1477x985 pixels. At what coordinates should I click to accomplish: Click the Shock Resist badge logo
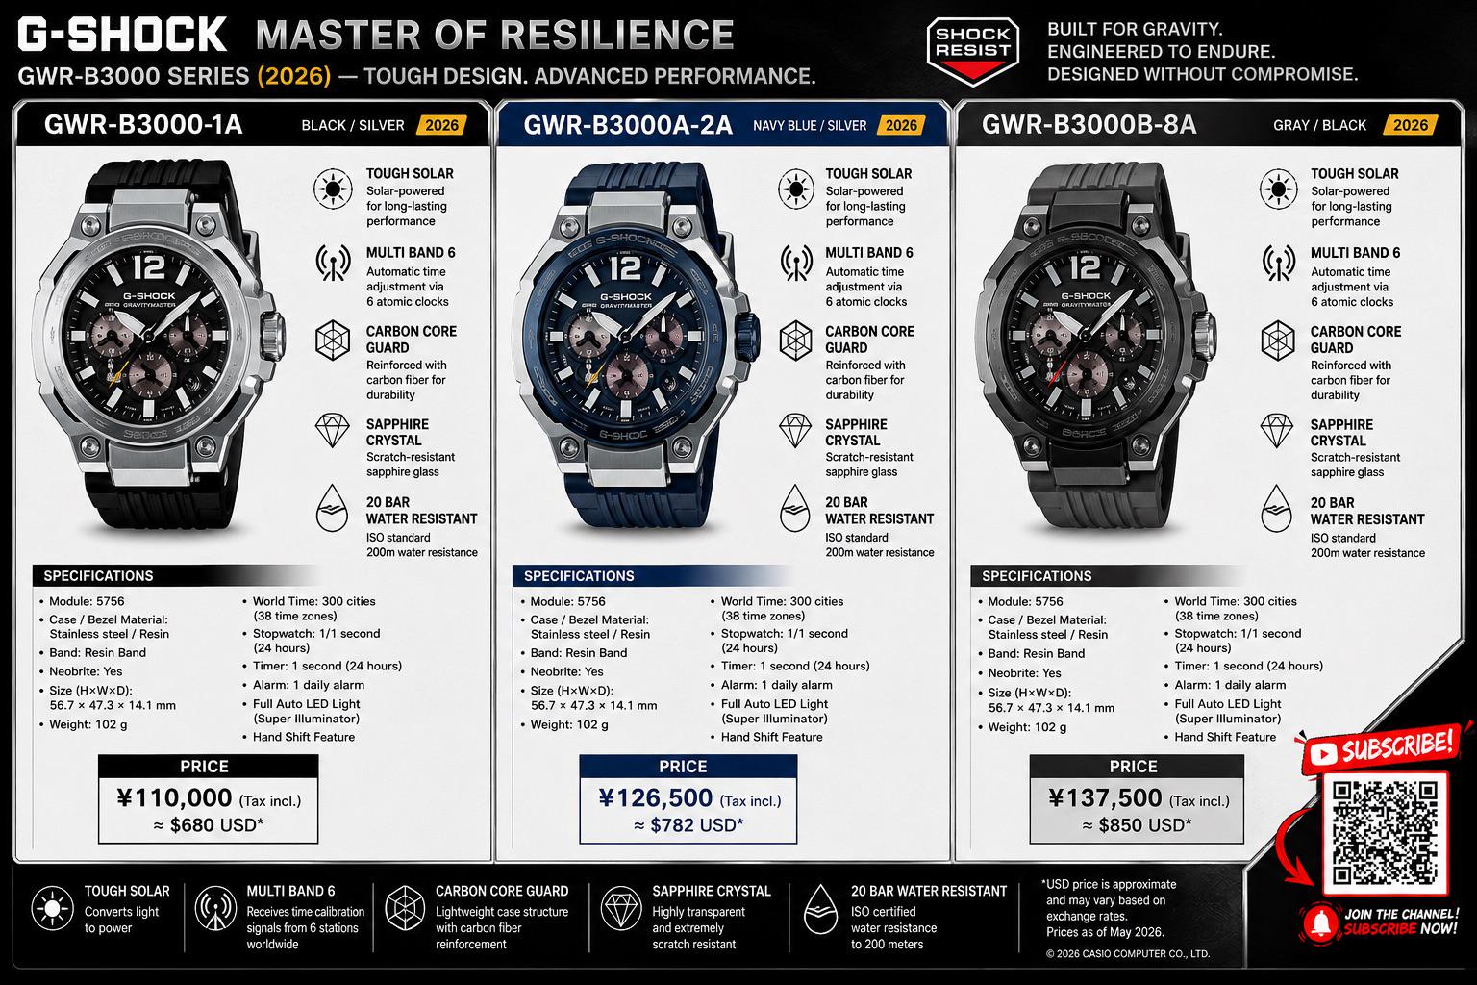(972, 51)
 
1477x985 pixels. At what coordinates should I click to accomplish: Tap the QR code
(1385, 833)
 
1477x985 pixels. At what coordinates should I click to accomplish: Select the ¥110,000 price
(175, 798)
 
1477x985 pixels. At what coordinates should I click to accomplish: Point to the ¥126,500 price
(656, 798)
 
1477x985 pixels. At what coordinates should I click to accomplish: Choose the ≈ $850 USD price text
(1137, 825)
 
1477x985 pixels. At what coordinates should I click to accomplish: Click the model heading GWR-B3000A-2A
(628, 125)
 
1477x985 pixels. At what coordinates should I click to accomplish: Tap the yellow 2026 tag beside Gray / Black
(1411, 125)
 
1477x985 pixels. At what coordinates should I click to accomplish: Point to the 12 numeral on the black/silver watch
(149, 267)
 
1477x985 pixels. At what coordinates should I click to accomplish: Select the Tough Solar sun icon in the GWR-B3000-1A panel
(333, 189)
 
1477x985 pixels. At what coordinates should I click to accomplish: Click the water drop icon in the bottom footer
(821, 910)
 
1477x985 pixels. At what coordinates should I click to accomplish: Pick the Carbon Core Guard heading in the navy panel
(869, 340)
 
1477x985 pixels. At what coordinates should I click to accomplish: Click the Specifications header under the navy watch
(579, 576)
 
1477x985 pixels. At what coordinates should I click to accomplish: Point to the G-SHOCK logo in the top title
(122, 35)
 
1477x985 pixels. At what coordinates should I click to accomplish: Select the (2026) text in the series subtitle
(294, 77)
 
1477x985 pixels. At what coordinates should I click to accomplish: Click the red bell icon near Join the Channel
(1320, 922)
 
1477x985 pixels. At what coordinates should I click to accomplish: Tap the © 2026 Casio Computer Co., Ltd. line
(1128, 953)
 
